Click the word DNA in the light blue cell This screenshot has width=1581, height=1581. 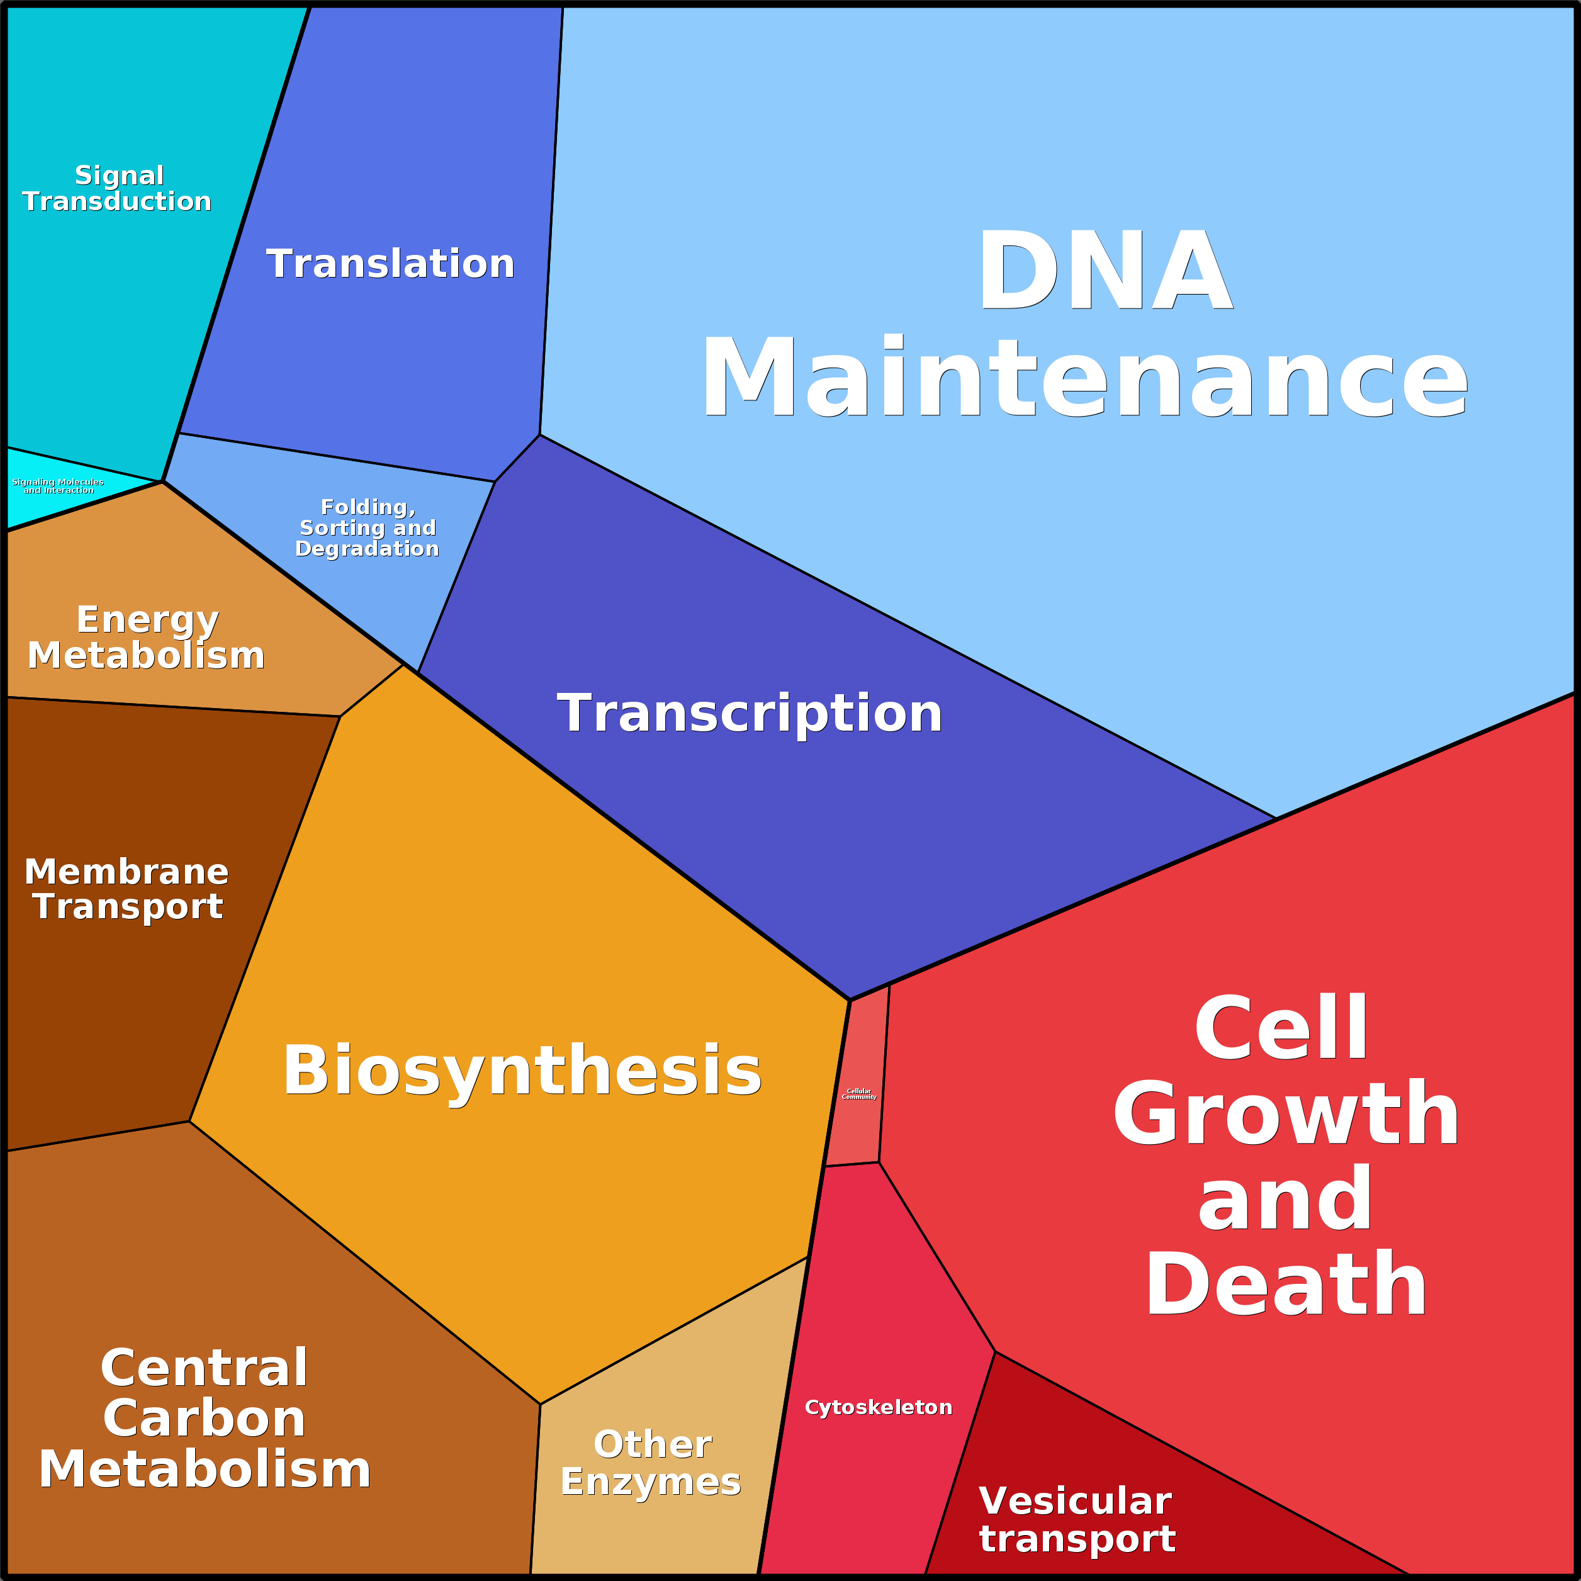coord(1105,270)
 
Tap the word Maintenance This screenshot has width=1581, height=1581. coord(1084,378)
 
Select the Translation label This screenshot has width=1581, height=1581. coord(390,264)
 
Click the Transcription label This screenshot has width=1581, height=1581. coord(750,712)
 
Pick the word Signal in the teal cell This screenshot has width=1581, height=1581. coord(120,175)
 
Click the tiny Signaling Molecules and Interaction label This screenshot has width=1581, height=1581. coord(58,486)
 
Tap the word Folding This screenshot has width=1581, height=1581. coord(368,507)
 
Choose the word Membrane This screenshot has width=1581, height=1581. coord(127,872)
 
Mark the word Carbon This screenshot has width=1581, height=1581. coord(205,1418)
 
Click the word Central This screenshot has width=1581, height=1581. coord(205,1368)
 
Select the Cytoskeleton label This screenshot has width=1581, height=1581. coord(879,1407)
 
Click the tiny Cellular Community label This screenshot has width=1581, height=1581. coord(859,1094)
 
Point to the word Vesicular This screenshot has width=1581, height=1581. coord(1075,1501)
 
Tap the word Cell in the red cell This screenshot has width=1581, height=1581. coord(1282,1027)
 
